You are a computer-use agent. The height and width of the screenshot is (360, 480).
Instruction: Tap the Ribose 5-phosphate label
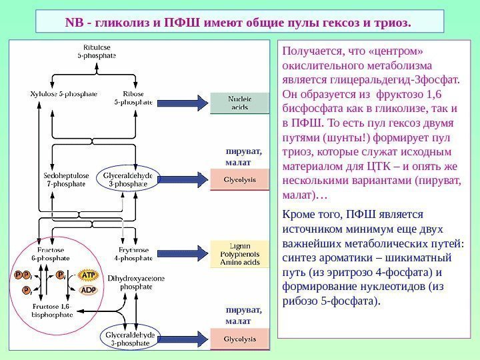133,98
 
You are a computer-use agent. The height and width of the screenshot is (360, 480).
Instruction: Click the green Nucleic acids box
240,103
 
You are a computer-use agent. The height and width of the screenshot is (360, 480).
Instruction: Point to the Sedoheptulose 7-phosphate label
65,179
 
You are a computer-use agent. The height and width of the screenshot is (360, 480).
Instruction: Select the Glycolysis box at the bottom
240,339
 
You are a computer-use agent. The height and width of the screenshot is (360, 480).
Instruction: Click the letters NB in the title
73,25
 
